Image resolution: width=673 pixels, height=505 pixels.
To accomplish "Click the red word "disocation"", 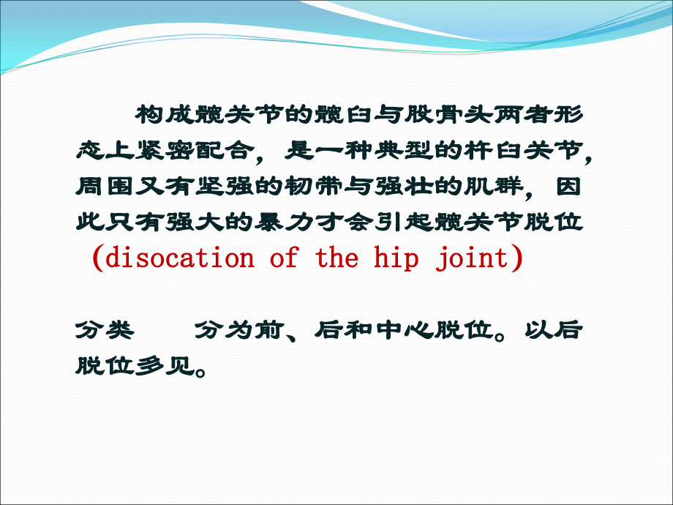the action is click(180, 258).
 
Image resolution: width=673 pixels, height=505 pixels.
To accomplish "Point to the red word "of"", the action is click(284, 258).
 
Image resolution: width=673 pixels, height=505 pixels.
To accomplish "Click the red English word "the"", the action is click(337, 258).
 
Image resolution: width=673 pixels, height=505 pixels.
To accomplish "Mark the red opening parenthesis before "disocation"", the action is click(98, 258).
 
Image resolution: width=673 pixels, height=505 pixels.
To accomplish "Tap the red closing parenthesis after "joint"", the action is click(516, 258).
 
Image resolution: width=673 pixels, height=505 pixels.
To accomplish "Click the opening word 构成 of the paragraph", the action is click(165, 115).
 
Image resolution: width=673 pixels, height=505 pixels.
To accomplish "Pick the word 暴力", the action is click(284, 222).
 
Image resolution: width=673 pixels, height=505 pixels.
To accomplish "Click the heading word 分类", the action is click(105, 330).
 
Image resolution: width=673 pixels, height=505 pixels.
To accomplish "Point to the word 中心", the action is click(404, 330).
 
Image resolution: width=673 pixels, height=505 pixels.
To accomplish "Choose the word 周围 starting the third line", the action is click(105, 187).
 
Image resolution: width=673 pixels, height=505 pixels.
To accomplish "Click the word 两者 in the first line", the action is click(523, 115).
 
